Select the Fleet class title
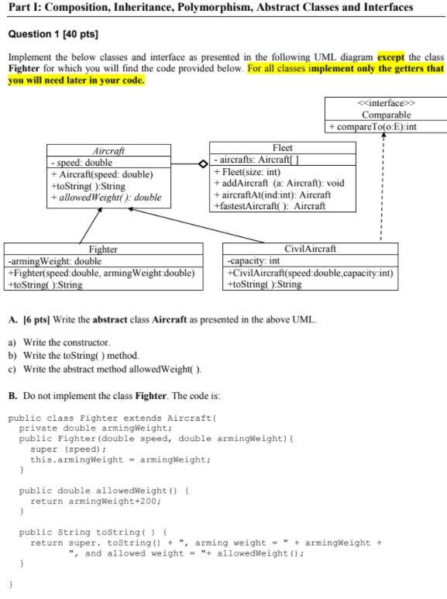pos(282,147)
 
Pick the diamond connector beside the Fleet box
pos(203,164)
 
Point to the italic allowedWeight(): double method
pos(107,198)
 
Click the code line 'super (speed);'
pos(64,449)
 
